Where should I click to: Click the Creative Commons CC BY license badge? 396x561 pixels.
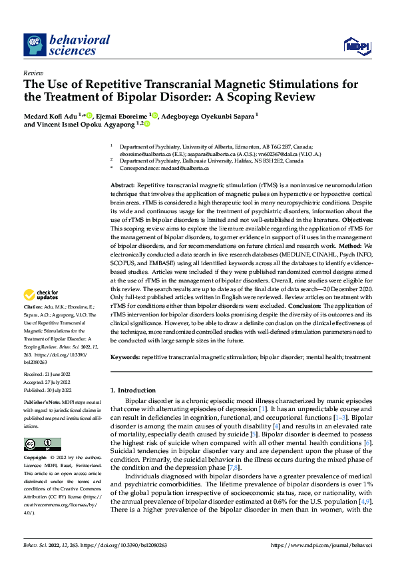(x=42, y=444)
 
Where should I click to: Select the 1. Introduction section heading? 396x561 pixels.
(x=132, y=390)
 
